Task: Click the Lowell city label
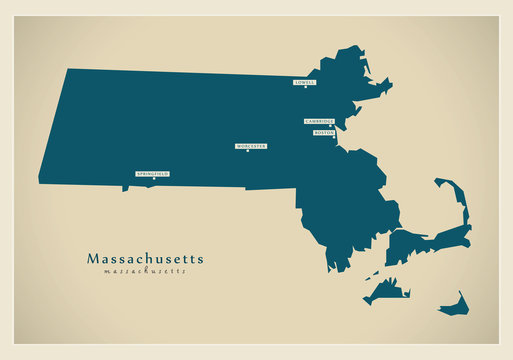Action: (305, 81)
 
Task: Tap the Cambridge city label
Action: (319, 121)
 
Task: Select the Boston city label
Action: (323, 132)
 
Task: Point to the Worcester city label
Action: (251, 145)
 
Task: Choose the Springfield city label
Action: (152, 173)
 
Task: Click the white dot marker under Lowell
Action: (306, 87)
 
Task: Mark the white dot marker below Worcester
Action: (247, 151)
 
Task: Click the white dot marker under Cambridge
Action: (331, 126)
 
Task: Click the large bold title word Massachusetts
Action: (145, 258)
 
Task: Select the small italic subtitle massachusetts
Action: (145, 271)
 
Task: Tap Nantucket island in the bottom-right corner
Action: (454, 305)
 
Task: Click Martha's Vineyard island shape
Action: (386, 290)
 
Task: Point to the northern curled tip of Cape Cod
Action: (440, 183)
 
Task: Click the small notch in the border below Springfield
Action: (127, 188)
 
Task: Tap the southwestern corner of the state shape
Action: (39, 181)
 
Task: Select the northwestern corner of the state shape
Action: (67, 69)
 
